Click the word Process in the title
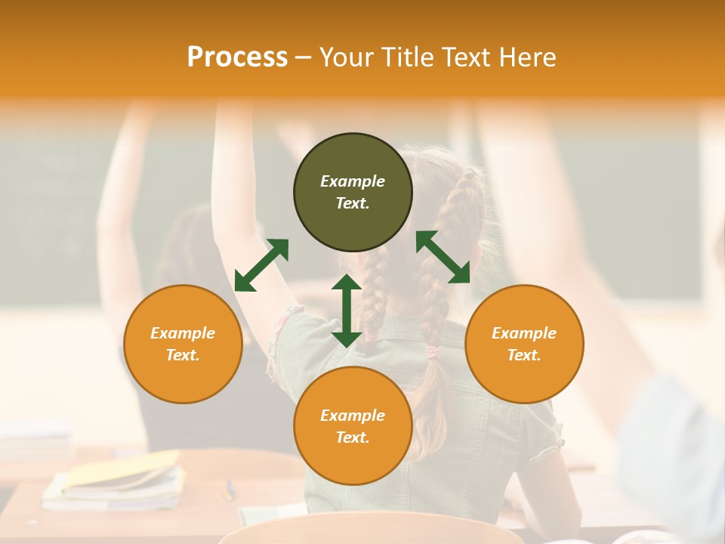pos(237,57)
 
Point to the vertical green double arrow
pos(347,311)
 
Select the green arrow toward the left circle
pos(261,265)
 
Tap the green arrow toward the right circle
pos(443,258)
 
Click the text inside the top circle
pos(353,192)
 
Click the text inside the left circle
pos(183,344)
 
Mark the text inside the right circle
pos(524,344)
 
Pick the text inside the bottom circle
pos(353,426)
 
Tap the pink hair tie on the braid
pos(432,352)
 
